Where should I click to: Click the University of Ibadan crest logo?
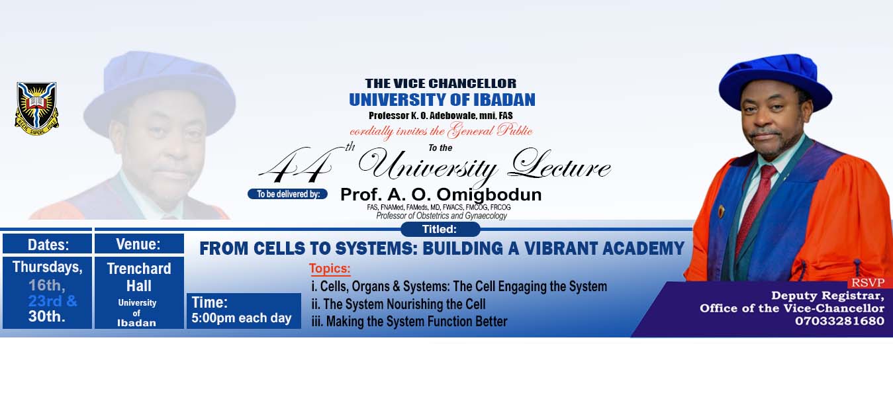[x=36, y=105]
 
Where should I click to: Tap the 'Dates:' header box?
[x=48, y=244]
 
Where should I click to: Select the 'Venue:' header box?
[x=139, y=243]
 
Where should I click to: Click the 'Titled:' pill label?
[x=440, y=230]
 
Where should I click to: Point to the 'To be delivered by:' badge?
[x=287, y=194]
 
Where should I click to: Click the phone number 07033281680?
[x=839, y=321]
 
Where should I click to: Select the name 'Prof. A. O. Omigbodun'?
[x=440, y=195]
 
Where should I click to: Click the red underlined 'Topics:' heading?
[x=330, y=269]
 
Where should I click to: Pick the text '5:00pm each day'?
[x=242, y=318]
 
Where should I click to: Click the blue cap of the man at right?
[x=775, y=80]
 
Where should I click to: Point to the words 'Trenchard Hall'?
[x=139, y=277]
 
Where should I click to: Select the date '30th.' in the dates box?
[x=48, y=316]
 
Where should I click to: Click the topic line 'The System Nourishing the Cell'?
[x=399, y=304]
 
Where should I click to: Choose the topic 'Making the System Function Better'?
[x=409, y=322]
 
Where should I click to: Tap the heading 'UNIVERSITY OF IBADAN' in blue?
[x=442, y=99]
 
